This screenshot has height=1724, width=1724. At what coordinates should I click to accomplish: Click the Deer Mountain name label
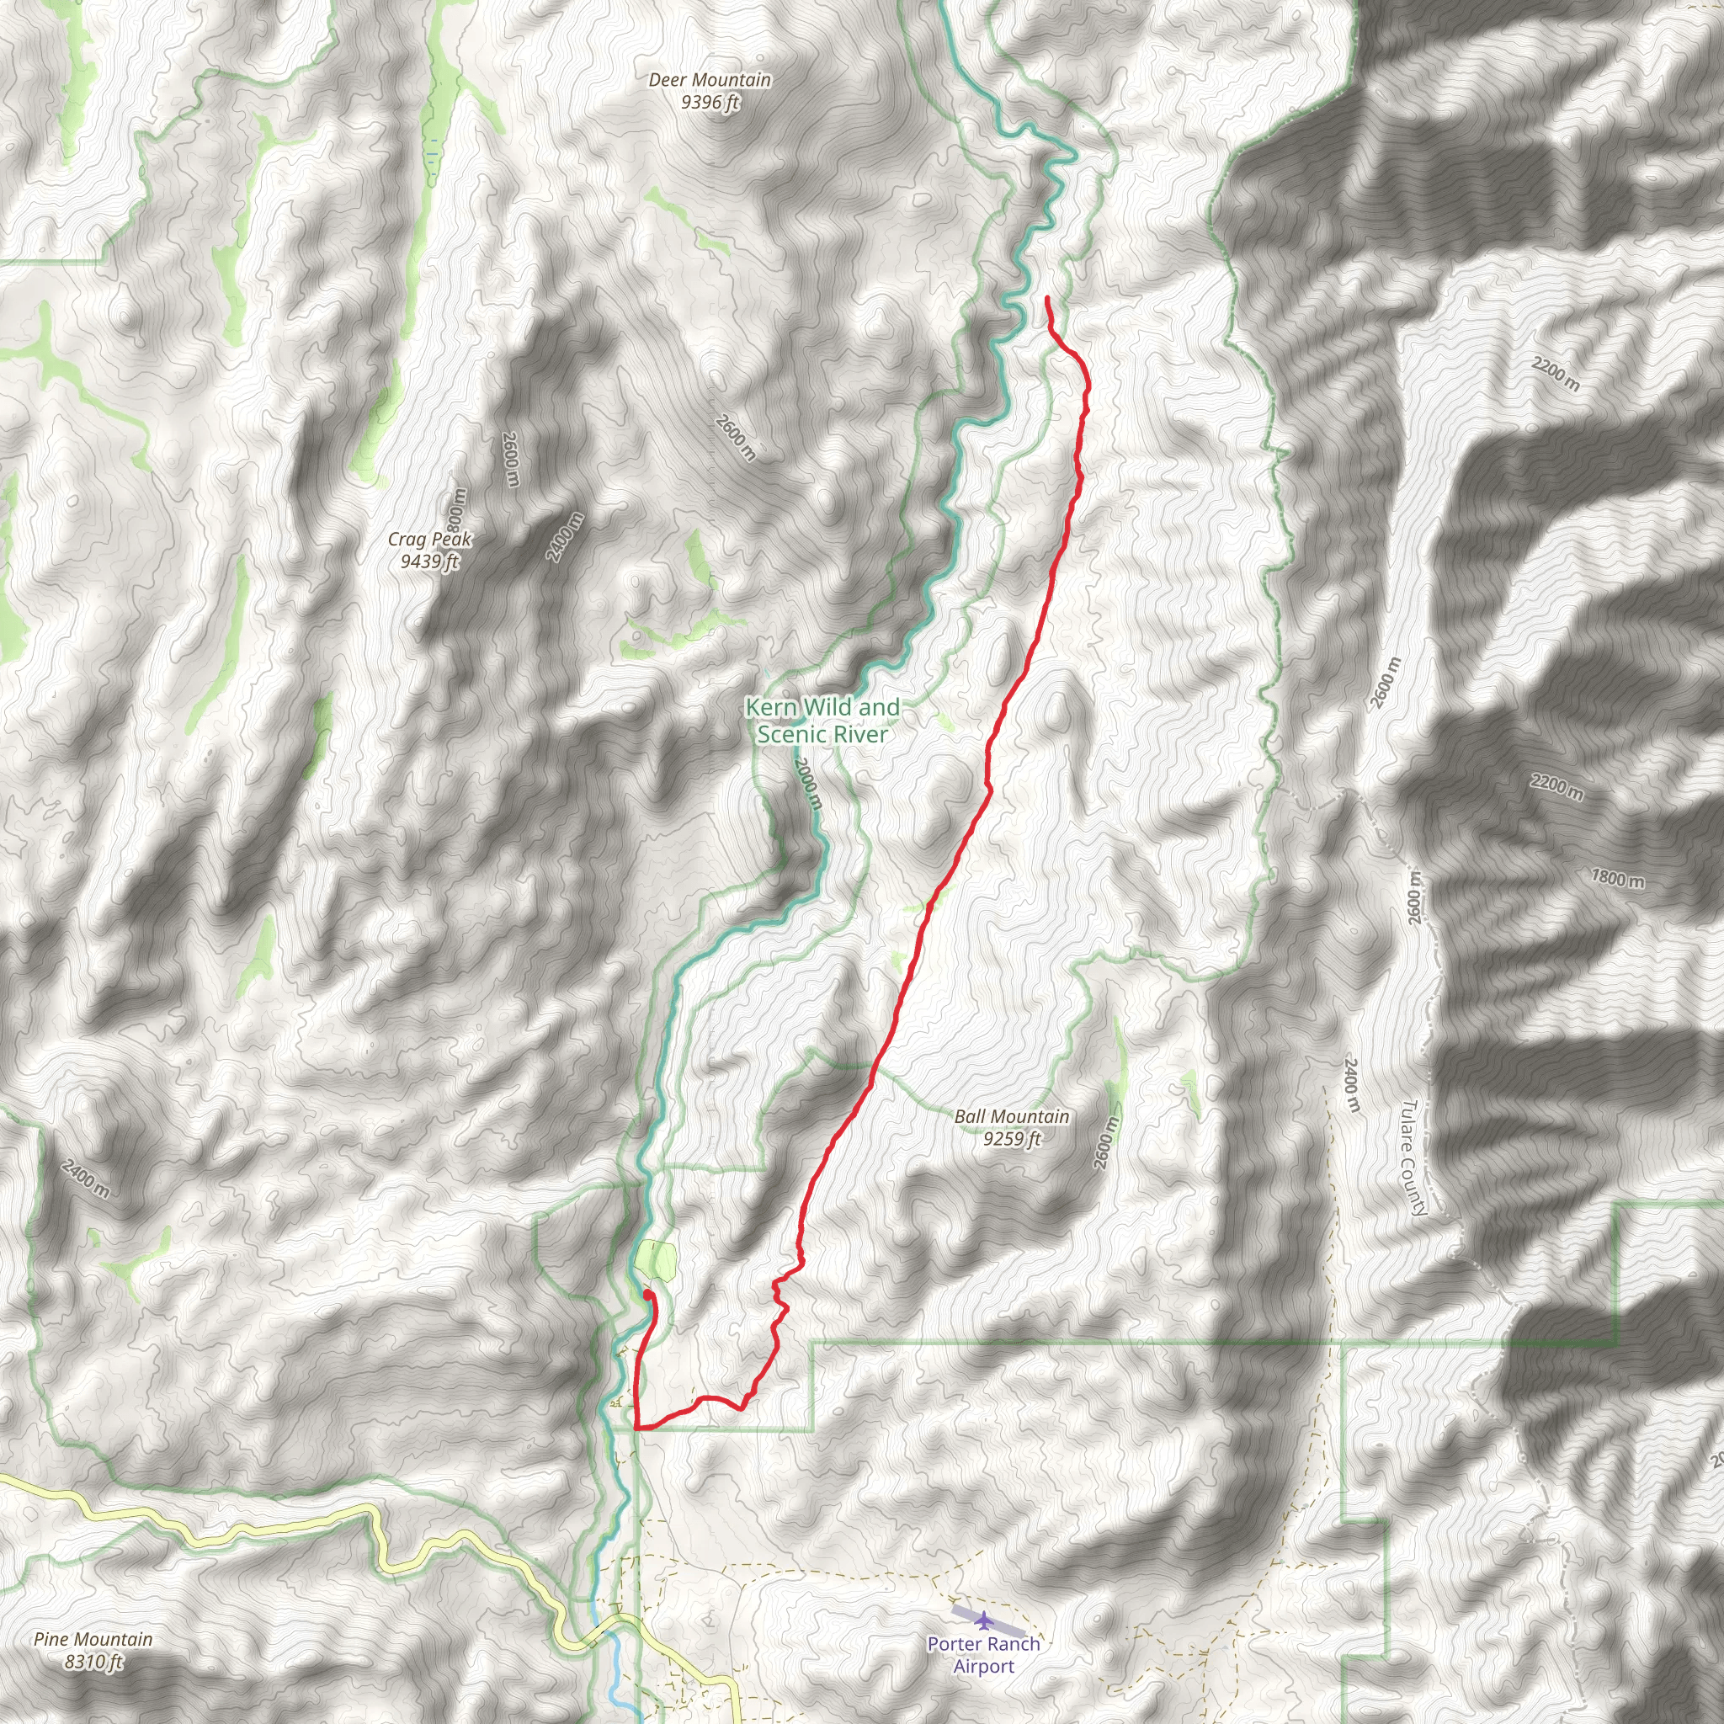coord(710,80)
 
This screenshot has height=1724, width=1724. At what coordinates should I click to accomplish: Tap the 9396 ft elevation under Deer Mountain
coord(710,103)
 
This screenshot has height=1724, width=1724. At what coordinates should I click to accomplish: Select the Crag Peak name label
coord(429,539)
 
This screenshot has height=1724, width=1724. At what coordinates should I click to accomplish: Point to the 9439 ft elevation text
coord(429,561)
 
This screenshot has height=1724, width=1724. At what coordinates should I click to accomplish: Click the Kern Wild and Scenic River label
coord(822,720)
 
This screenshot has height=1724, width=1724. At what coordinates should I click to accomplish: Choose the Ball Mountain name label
coord(1011,1116)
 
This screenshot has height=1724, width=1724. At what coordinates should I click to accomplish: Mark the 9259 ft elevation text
coord(1011,1139)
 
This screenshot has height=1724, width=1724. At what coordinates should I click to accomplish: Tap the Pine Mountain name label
coord(93,1639)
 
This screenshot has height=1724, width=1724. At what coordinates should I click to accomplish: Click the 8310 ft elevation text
coord(93,1662)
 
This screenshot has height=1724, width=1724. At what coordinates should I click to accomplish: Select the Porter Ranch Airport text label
coord(983,1655)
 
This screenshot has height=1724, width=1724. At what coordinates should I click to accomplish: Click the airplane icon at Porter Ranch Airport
coord(983,1620)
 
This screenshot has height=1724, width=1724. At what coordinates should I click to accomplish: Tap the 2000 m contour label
coord(806,783)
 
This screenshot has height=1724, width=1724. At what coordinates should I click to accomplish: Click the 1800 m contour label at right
coord(1617,878)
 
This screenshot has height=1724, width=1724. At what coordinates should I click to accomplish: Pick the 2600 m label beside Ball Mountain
coord(1105,1144)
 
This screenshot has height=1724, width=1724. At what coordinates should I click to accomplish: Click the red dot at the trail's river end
coord(646,1293)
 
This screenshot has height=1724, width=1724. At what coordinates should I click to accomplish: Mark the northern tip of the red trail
coord(1046,297)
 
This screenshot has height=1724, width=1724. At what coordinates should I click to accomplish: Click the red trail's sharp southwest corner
coord(636,1429)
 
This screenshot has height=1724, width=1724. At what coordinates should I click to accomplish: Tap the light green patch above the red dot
coord(657,1259)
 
